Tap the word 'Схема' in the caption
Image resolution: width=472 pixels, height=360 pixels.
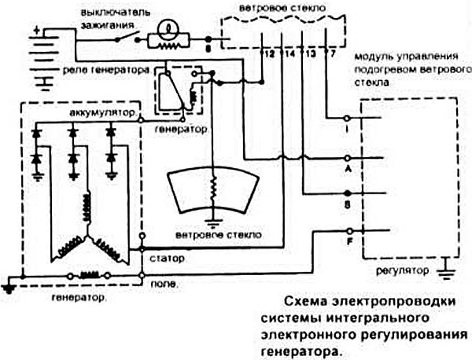(x=302, y=301)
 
